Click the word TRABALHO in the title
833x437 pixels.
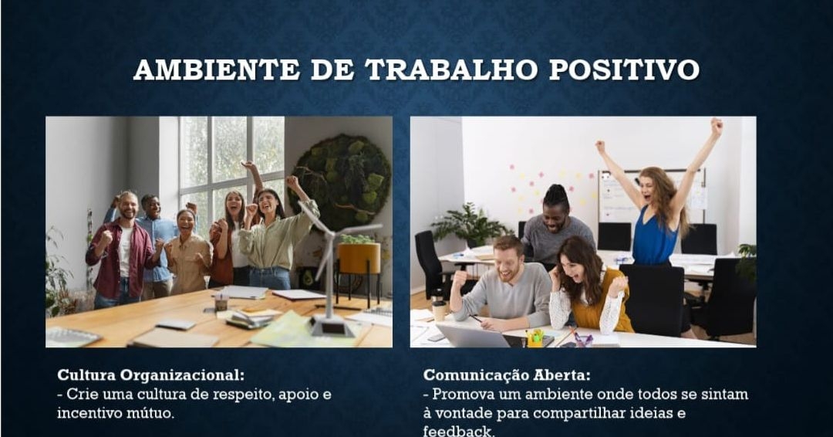pyautogui.click(x=450, y=69)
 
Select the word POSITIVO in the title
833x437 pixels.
pyautogui.click(x=624, y=69)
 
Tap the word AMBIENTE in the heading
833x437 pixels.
pyautogui.click(x=217, y=69)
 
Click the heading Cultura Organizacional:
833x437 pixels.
pyautogui.click(x=151, y=375)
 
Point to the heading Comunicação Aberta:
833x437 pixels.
pyautogui.click(x=507, y=375)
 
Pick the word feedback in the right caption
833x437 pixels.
pyautogui.click(x=458, y=431)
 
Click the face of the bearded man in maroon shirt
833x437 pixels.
pyautogui.click(x=127, y=206)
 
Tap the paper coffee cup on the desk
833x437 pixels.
pyautogui.click(x=440, y=311)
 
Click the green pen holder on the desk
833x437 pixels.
pyautogui.click(x=535, y=339)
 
